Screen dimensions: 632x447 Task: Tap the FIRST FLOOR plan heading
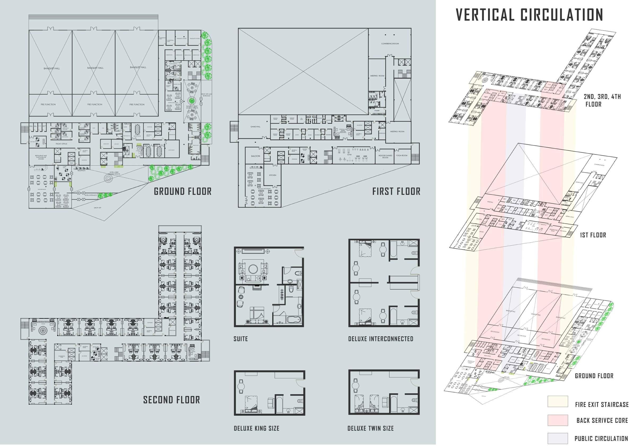click(396, 192)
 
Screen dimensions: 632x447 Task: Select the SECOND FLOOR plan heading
click(172, 400)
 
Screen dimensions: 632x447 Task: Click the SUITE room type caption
click(240, 339)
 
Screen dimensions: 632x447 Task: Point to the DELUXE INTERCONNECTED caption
click(381, 339)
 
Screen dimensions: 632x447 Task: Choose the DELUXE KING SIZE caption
click(257, 428)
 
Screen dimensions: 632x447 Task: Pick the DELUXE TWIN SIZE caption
click(371, 428)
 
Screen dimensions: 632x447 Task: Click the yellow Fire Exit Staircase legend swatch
click(558, 402)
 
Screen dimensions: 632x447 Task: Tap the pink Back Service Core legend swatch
click(558, 420)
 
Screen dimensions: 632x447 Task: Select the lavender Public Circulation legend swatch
click(558, 438)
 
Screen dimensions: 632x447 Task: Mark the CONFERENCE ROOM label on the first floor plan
click(390, 44)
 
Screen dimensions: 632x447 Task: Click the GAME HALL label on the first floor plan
click(255, 127)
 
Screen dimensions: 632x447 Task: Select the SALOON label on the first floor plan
click(255, 156)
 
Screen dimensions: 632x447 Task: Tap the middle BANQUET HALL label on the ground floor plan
click(95, 68)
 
